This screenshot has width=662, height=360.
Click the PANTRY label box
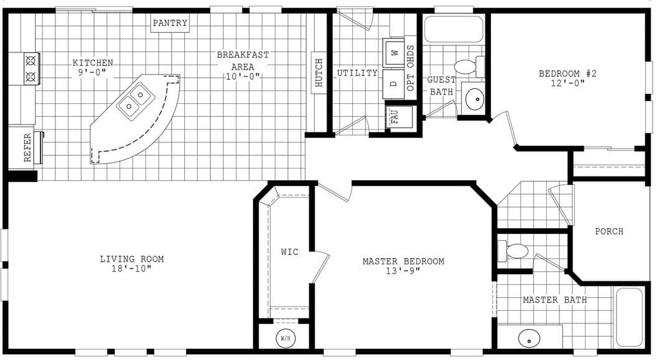[170, 23]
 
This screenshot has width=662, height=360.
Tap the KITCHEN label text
[93, 63]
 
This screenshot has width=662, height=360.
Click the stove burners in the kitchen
[31, 69]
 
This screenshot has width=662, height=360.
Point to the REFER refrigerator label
[27, 148]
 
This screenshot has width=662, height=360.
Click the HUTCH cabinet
[319, 73]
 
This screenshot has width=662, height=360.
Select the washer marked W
[394, 53]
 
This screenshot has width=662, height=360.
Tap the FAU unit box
[394, 116]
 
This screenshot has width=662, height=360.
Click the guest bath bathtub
[453, 29]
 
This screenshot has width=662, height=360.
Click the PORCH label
[608, 231]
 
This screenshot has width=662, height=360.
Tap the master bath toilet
[516, 251]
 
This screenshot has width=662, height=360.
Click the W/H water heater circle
[286, 339]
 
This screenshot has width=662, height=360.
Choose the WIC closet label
[289, 252]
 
